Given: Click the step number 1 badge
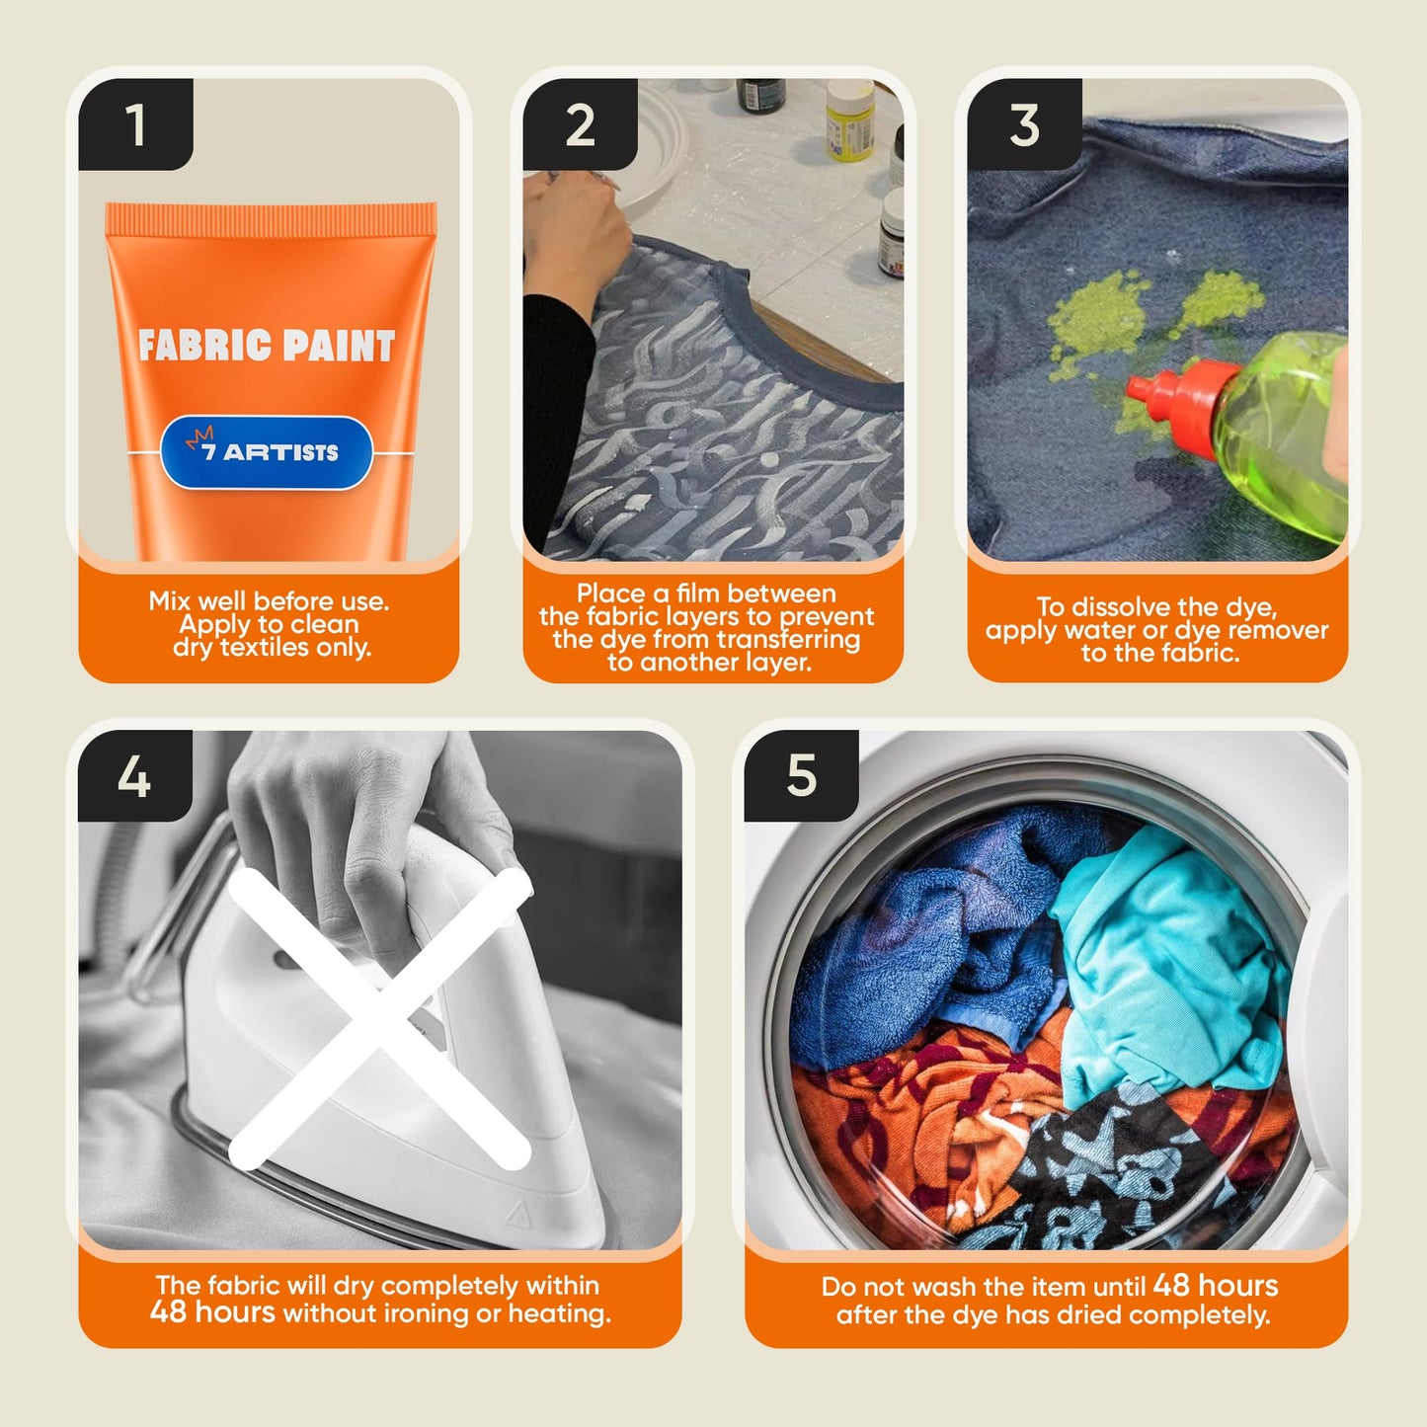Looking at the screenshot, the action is [x=135, y=124].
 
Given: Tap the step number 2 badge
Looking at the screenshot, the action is [x=580, y=124].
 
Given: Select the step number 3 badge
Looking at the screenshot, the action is [x=1024, y=124].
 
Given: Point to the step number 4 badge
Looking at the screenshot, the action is [x=134, y=776].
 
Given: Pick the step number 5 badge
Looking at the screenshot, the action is [x=801, y=776].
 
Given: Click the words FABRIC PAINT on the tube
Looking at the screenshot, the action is [x=267, y=346].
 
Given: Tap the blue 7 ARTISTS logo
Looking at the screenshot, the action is [x=266, y=452].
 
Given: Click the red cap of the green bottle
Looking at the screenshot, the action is [x=1177, y=404].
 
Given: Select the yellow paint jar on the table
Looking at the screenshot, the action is [x=849, y=120].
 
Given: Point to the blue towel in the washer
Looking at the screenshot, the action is [x=933, y=940].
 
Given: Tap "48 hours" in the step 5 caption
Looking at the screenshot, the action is [x=1216, y=1285].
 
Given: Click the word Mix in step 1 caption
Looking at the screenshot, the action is [x=168, y=600].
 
